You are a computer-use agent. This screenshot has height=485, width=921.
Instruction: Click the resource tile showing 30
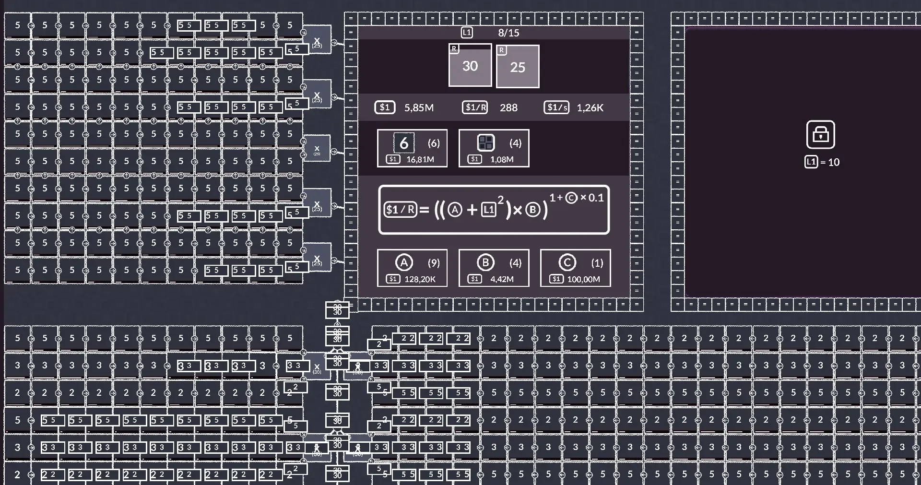470,66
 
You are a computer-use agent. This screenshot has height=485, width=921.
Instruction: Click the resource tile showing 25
518,67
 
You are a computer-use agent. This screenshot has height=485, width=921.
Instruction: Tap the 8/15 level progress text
508,33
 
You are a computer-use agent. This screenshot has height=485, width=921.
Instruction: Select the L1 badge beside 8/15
467,33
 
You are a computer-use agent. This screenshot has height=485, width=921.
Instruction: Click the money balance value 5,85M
419,107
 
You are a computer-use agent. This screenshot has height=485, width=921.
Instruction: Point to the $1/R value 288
508,107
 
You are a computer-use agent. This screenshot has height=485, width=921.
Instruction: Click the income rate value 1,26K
590,107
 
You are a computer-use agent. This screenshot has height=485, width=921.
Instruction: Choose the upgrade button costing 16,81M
412,148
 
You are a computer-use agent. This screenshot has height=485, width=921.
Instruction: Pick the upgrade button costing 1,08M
494,148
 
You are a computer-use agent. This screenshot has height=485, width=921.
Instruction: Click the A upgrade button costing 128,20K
412,268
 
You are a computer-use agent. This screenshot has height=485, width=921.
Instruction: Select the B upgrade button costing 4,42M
494,268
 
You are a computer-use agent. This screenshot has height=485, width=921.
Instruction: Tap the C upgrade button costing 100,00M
575,268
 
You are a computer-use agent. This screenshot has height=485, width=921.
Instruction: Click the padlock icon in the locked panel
820,134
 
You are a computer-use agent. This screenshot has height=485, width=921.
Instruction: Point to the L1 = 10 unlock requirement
822,162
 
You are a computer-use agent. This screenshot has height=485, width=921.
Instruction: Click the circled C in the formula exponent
571,198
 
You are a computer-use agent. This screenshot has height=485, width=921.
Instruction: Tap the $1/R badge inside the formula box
400,210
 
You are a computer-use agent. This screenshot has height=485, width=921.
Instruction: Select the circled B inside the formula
532,210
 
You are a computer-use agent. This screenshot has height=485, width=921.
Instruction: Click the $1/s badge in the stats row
556,107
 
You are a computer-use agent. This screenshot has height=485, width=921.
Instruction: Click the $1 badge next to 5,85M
385,107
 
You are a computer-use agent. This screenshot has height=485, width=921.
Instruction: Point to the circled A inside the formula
455,210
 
